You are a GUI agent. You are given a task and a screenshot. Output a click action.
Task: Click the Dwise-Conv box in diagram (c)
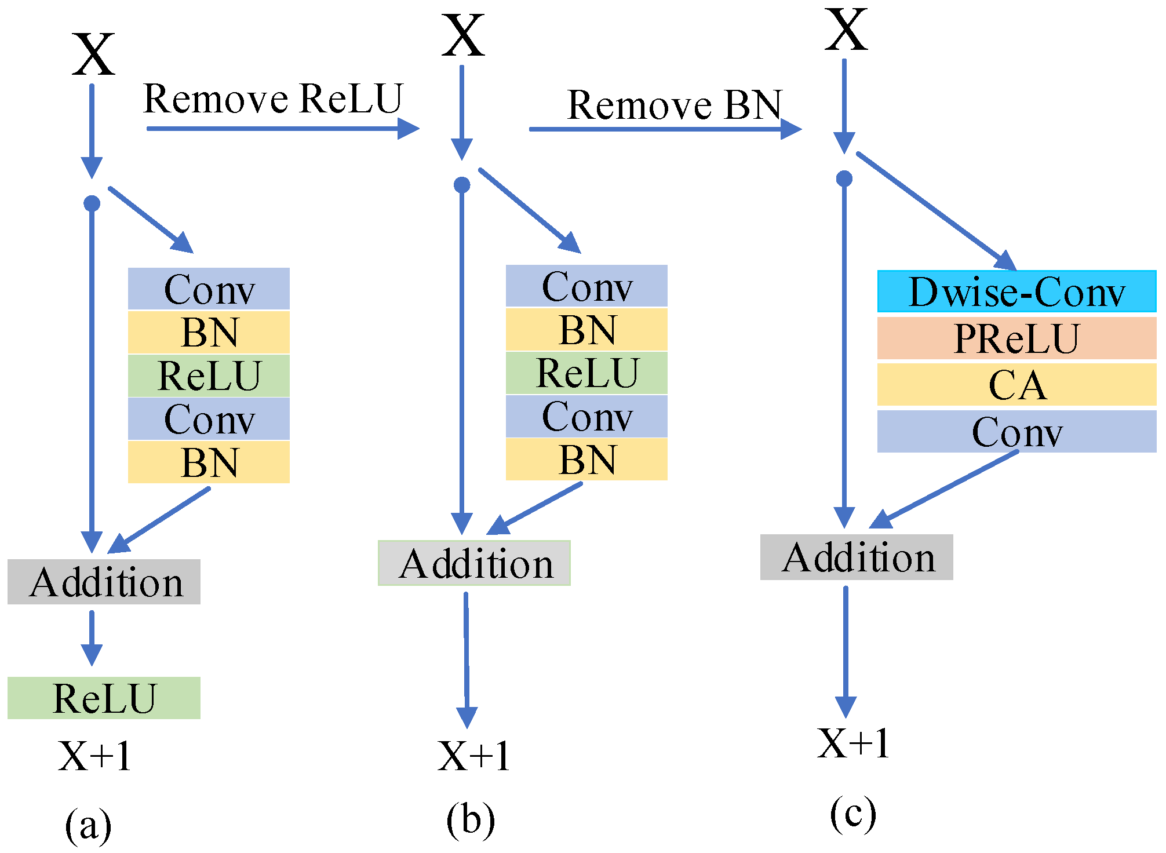[x=1016, y=291]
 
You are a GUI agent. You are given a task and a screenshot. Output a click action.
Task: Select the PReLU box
[x=1016, y=338]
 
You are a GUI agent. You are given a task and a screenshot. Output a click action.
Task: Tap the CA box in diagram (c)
[x=1016, y=385]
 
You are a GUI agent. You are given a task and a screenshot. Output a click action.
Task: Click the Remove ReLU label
[x=272, y=99]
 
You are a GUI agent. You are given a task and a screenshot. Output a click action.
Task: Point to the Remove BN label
[x=675, y=105]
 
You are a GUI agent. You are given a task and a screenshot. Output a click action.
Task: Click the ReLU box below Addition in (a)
[x=104, y=698]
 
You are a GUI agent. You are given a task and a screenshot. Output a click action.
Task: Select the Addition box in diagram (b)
[x=474, y=563]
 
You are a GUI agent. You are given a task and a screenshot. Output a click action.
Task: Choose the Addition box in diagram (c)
[x=857, y=557]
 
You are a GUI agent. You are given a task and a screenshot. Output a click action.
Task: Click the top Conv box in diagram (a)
[x=209, y=289]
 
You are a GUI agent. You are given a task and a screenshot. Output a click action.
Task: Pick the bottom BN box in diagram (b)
[x=586, y=460]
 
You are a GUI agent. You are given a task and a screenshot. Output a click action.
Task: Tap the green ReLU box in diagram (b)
[x=586, y=373]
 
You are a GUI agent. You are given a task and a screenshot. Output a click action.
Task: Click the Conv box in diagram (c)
[x=1016, y=432]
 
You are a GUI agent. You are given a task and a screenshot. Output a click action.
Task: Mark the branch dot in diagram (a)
[x=92, y=203]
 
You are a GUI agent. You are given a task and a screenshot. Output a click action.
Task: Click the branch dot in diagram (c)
[x=844, y=178]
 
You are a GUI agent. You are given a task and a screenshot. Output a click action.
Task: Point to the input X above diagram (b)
[x=462, y=36]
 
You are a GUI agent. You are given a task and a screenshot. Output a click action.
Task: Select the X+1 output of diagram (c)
[x=853, y=743]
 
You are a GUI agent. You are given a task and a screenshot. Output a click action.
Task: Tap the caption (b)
[x=470, y=820]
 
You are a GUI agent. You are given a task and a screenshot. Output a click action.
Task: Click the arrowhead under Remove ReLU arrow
[x=409, y=129]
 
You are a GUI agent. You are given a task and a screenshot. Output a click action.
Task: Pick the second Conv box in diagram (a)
[x=209, y=418]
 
